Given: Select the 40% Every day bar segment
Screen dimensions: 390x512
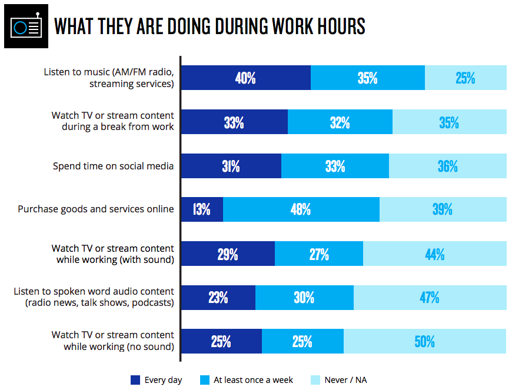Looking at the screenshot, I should pyautogui.click(x=245, y=78).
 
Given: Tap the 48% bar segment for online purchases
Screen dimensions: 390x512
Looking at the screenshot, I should pyautogui.click(x=301, y=209).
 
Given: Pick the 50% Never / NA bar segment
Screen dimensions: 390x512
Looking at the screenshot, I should pyautogui.click(x=424, y=341).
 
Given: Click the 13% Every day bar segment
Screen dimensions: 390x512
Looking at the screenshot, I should pyautogui.click(x=201, y=209).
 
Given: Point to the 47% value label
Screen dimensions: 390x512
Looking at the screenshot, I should pyautogui.click(x=430, y=298).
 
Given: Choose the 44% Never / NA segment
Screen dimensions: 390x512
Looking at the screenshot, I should pyautogui.click(x=434, y=254).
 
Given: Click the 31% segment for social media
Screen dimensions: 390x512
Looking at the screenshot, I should pyautogui.click(x=231, y=166).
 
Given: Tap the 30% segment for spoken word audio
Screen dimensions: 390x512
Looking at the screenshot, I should pyautogui.click(x=304, y=298).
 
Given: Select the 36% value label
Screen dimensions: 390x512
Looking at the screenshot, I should pyautogui.click(x=447, y=166).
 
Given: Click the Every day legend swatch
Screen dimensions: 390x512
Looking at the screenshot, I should pyautogui.click(x=135, y=380).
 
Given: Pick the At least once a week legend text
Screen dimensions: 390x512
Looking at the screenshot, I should pyautogui.click(x=253, y=380).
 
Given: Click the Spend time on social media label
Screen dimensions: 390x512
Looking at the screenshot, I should pyautogui.click(x=113, y=166).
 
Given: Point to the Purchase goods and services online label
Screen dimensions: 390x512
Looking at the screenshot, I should pyautogui.click(x=96, y=209).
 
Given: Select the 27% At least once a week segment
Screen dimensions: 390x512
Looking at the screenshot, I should pyautogui.click(x=318, y=254).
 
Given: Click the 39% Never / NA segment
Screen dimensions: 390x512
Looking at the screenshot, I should pyautogui.click(x=443, y=209).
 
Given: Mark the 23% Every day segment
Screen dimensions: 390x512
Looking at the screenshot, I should pyautogui.click(x=218, y=298).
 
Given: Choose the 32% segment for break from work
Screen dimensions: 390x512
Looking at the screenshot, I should pyautogui.click(x=340, y=122).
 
